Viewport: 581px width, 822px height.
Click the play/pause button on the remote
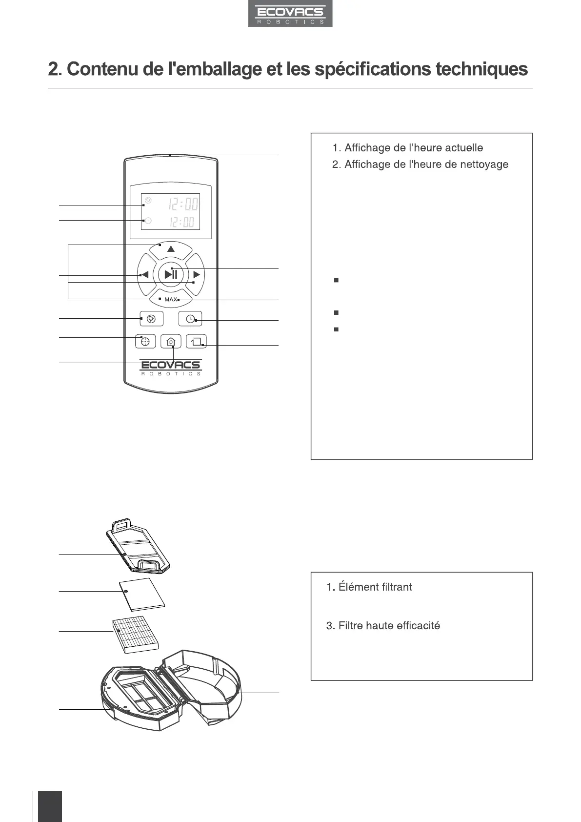point(171,274)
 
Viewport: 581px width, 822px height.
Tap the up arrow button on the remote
point(171,249)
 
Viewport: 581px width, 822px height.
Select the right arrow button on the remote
point(196,275)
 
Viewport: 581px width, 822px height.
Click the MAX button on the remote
point(171,299)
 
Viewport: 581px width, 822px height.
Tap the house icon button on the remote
point(170,342)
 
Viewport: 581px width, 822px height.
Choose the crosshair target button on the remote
point(144,342)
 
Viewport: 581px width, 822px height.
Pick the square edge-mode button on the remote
point(196,342)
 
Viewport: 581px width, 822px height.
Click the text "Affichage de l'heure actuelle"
point(413,148)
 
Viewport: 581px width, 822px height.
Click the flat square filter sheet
point(142,595)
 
